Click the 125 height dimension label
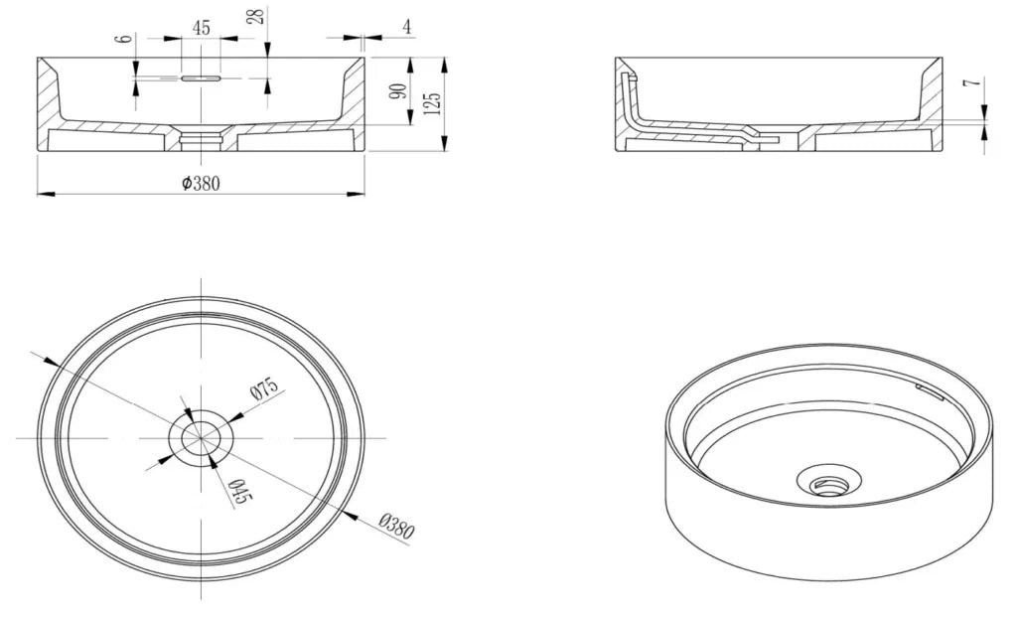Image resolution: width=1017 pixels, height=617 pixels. [x=434, y=103]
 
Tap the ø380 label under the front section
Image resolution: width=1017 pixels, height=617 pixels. [x=201, y=184]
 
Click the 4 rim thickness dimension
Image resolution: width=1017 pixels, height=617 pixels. [x=406, y=27]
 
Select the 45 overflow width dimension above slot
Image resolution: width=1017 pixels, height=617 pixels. [x=201, y=28]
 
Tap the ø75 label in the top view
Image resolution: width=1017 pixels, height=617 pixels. [x=264, y=388]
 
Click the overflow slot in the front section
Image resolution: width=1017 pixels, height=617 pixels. [x=201, y=78]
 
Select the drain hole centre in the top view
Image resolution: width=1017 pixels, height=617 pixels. [x=201, y=438]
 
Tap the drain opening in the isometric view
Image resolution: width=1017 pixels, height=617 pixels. [x=829, y=482]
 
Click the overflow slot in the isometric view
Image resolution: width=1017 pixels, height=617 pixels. [x=929, y=391]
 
